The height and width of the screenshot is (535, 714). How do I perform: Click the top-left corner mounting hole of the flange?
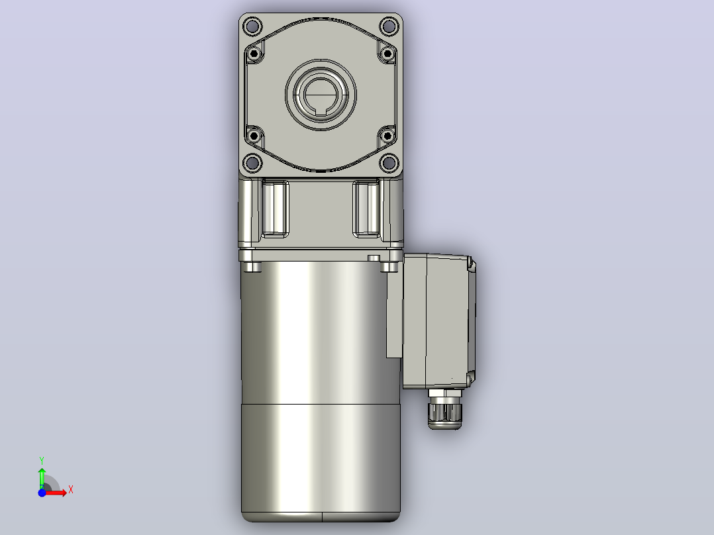252,26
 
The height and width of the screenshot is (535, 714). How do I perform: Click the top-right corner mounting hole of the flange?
389,26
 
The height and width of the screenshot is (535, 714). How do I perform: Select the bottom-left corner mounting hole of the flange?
252,162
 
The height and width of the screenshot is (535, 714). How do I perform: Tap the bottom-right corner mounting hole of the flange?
389,162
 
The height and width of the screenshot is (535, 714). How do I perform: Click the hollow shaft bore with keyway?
321,95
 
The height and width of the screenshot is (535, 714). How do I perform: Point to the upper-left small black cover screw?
254,54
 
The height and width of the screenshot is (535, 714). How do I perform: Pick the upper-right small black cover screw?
387,54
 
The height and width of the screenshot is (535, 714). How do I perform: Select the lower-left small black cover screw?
254,136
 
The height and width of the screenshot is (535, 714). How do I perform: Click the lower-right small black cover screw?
387,136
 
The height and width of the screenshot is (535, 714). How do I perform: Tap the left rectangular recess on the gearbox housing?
276,209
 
